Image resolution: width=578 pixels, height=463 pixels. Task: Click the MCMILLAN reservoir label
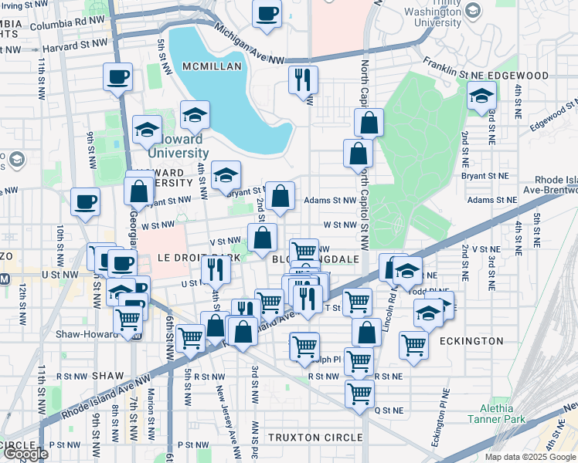pyautogui.click(x=212, y=67)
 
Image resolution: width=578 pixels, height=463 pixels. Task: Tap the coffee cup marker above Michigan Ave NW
pyautogui.click(x=267, y=14)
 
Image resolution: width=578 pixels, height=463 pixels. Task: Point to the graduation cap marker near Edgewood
pyautogui.click(x=481, y=96)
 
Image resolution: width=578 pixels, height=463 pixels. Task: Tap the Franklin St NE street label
pyautogui.click(x=462, y=76)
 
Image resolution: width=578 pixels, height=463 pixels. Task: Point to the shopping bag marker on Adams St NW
pyautogui.click(x=282, y=196)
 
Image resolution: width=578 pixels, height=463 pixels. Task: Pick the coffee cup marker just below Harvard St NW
pyautogui.click(x=118, y=77)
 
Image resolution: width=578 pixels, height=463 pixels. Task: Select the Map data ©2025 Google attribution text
pyautogui.click(x=529, y=457)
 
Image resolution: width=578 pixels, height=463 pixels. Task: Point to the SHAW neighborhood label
pyautogui.click(x=107, y=375)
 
